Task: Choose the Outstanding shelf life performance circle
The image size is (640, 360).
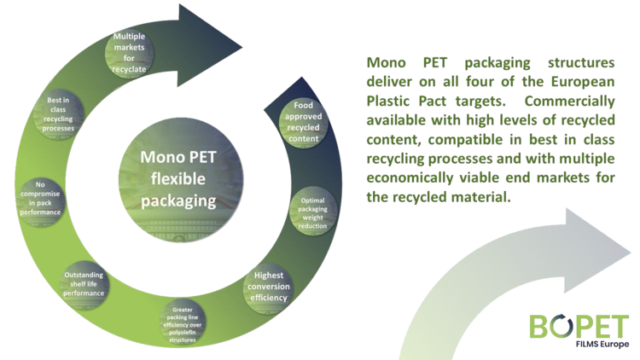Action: pyautogui.click(x=85, y=283)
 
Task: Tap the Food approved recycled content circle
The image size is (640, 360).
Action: pyautogui.click(x=304, y=123)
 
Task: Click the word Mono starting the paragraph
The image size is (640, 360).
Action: pyautogui.click(x=386, y=63)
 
